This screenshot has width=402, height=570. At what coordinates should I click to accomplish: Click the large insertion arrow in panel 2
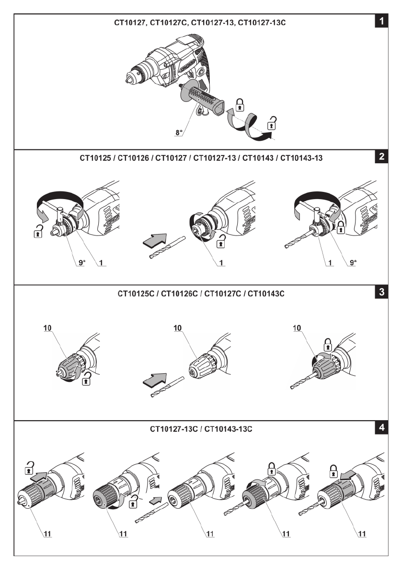coord(156,238)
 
